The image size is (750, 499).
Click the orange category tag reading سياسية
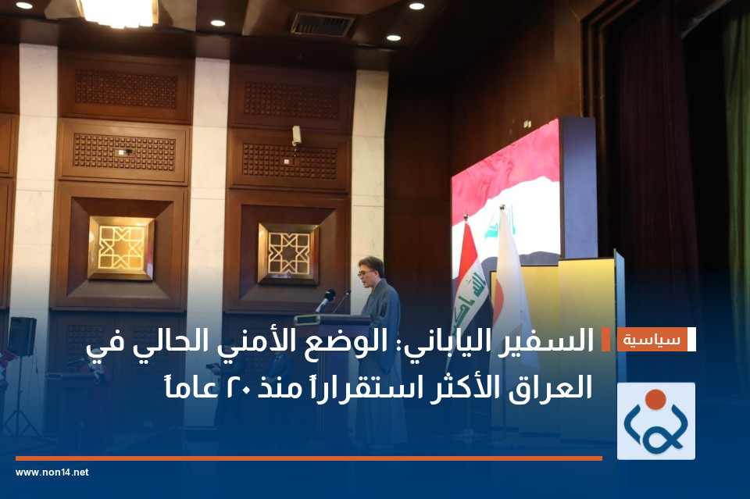coord(652,340)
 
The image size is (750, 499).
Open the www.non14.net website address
coord(52,472)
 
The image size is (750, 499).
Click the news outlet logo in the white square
coord(655,421)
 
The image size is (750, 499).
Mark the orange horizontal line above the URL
coord(309,458)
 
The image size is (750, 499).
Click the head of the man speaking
coord(370,269)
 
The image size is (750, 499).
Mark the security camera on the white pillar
coord(296,135)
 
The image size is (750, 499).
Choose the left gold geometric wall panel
coord(121,248)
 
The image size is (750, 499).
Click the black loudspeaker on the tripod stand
coord(22,337)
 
